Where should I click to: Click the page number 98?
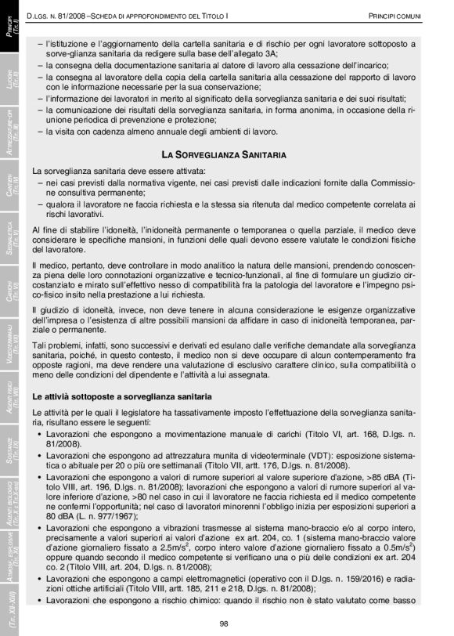click(x=223, y=623)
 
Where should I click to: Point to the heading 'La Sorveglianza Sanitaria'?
click(x=223, y=154)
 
